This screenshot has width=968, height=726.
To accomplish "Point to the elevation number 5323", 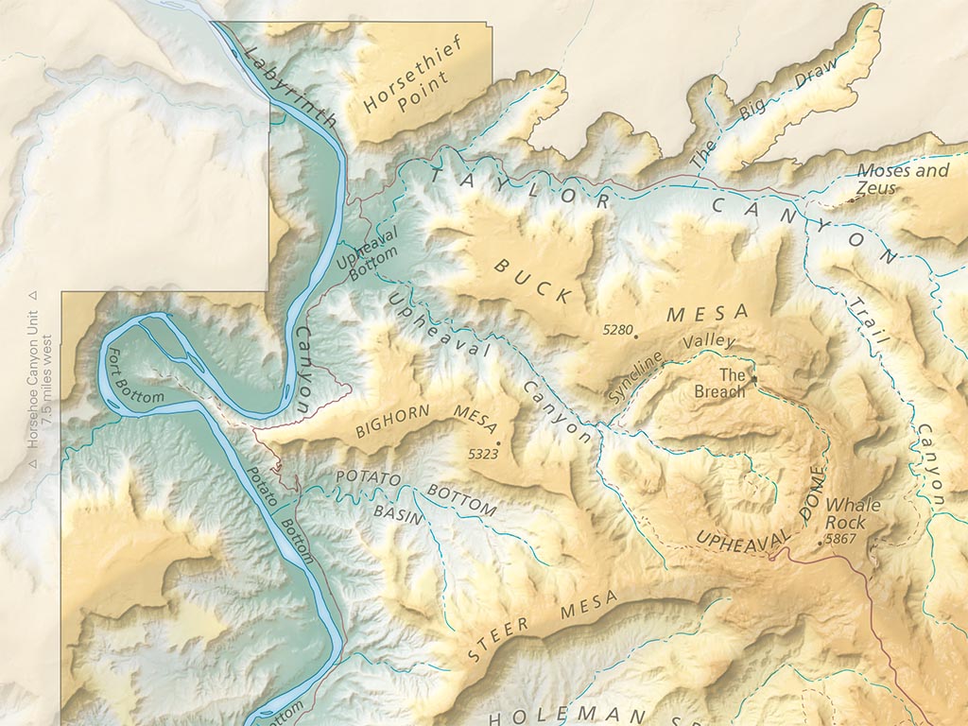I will (x=482, y=454).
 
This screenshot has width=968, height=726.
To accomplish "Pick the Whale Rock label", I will (x=853, y=513).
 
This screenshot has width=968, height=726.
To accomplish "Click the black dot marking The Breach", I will (x=754, y=379).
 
